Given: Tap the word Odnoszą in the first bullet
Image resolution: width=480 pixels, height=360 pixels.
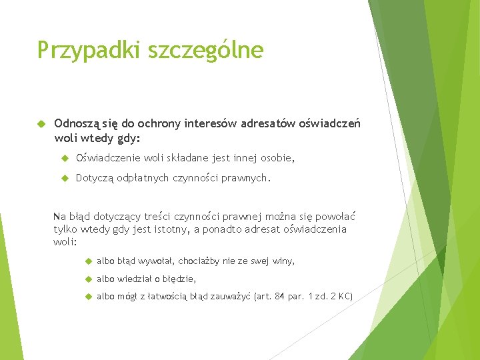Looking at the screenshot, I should pyautogui.click(x=77, y=123).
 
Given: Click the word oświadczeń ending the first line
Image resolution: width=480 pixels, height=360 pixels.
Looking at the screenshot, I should pyautogui.click(x=329, y=123).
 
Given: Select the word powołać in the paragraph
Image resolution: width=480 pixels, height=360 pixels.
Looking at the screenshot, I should pyautogui.click(x=333, y=216).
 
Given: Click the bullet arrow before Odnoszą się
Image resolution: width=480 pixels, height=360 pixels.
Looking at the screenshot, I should pyautogui.click(x=40, y=124).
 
